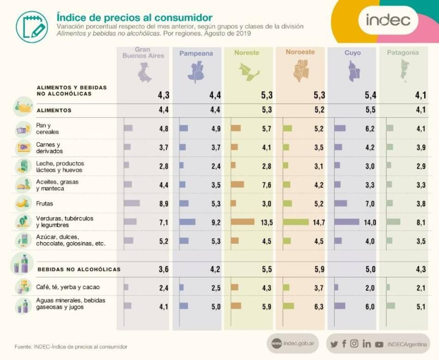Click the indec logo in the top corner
(388, 20)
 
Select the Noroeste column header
(300, 52)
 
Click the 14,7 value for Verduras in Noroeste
(318, 223)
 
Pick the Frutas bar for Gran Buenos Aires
(132, 203)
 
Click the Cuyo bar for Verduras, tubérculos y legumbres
(347, 222)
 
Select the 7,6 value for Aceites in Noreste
(266, 185)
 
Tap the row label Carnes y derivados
(49, 148)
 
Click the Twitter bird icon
(334, 344)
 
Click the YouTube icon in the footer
(379, 344)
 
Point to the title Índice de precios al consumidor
(134, 18)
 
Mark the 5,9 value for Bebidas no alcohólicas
(319, 269)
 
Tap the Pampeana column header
(196, 54)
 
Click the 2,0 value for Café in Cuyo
(370, 288)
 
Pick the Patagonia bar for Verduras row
(393, 222)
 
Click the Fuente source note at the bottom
(71, 347)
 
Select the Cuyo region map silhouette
(354, 72)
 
